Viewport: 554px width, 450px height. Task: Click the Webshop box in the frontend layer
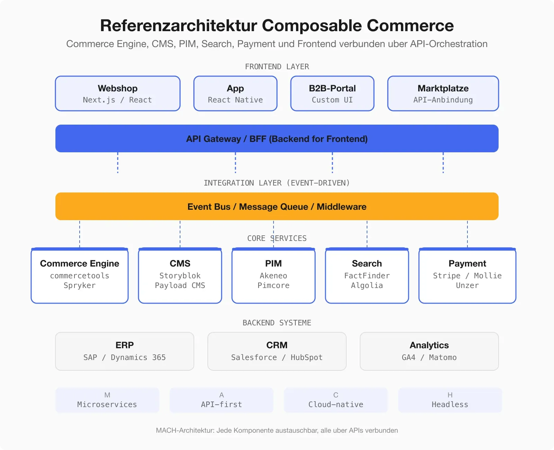[x=118, y=93]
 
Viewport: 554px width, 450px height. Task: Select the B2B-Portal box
[x=332, y=93]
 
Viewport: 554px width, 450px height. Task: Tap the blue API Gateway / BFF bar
[x=277, y=138]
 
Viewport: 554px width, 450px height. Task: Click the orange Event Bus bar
[x=277, y=206]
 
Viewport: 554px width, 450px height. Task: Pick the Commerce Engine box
[x=80, y=276]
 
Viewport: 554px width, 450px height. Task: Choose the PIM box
[x=274, y=276]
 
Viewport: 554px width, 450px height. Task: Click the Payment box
[x=467, y=276]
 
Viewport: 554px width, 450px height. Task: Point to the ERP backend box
[x=125, y=351]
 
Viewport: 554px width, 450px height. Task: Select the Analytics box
[x=429, y=351]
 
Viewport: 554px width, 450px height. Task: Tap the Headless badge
[x=450, y=400]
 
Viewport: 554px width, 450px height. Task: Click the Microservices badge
[x=107, y=400]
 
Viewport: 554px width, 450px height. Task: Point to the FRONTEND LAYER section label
[x=277, y=66]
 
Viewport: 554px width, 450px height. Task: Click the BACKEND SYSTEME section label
[x=277, y=323]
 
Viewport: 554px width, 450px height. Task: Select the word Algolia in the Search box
[x=367, y=286]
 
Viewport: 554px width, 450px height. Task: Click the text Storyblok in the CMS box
[x=180, y=276]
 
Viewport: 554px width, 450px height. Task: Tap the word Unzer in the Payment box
[x=467, y=286]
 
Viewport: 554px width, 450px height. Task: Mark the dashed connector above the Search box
[x=367, y=234]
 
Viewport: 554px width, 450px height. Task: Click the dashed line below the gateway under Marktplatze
[x=443, y=163]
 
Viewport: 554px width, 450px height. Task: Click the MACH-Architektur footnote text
[x=277, y=430]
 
